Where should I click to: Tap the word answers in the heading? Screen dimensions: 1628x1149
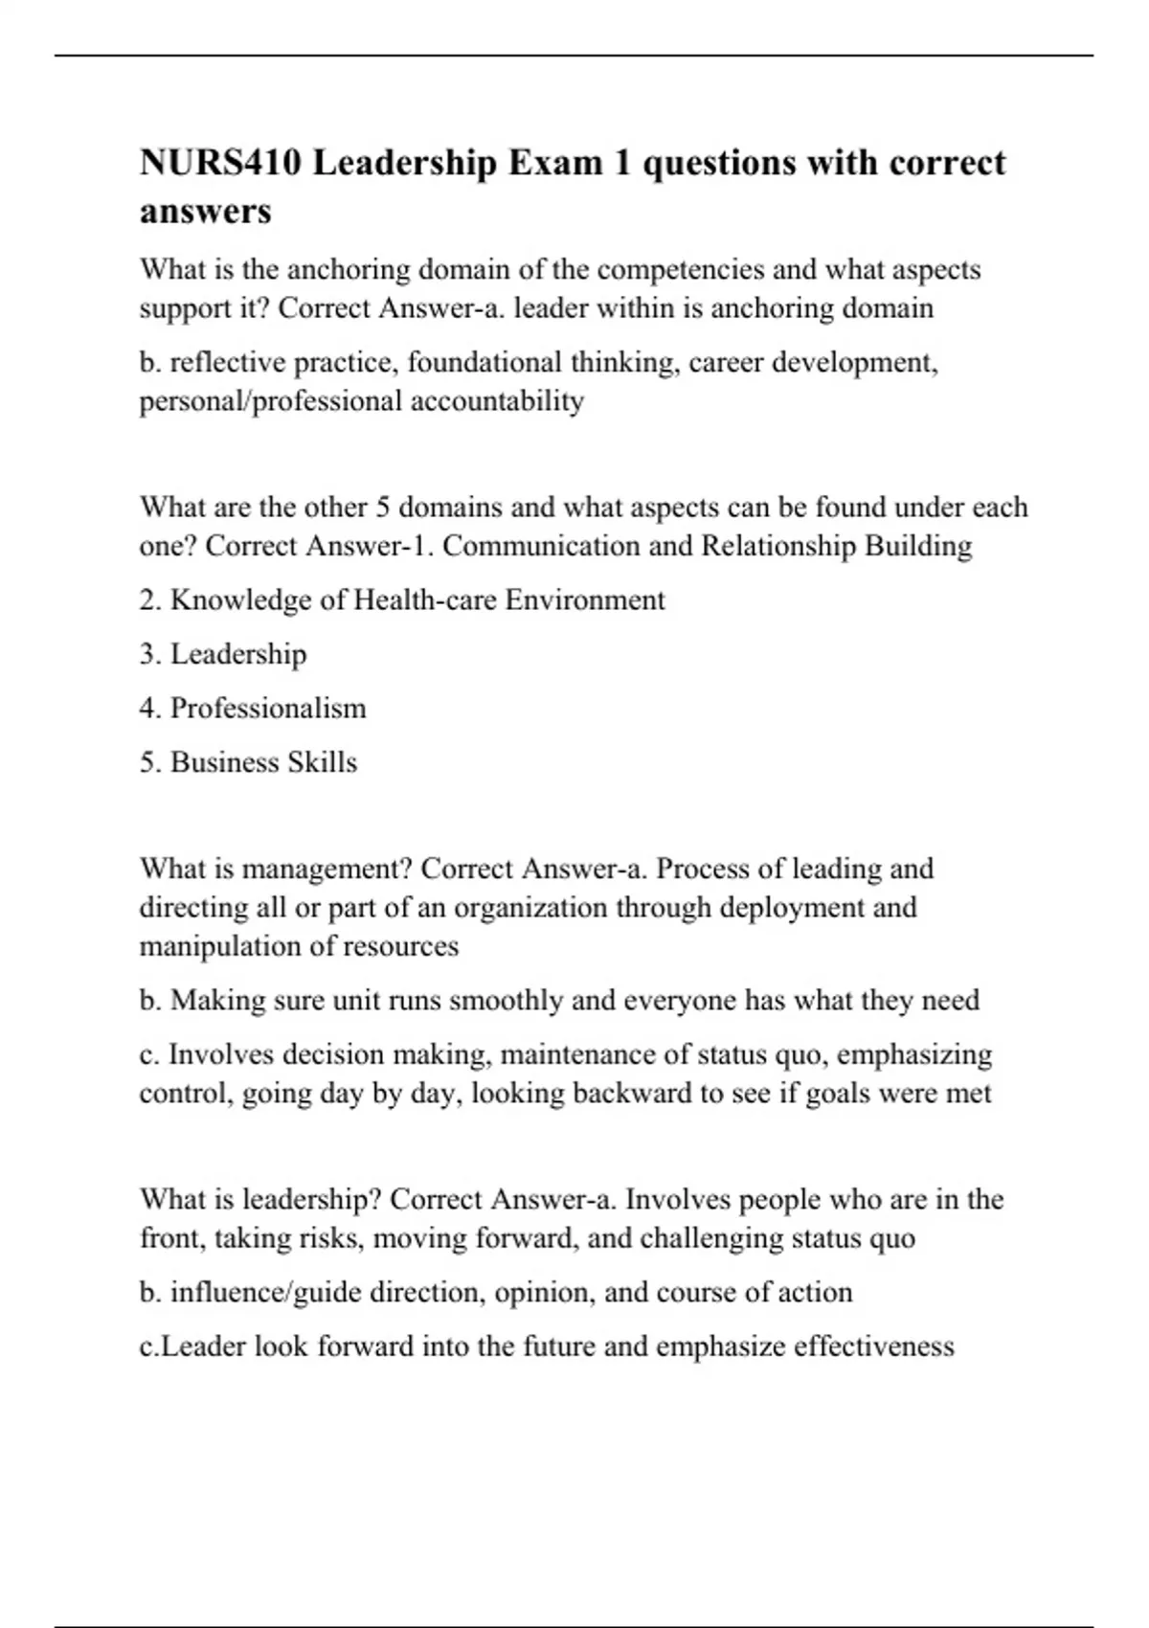[205, 211]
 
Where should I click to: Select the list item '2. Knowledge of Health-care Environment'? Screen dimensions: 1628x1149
[401, 600]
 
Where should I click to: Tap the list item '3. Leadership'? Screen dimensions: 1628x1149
[223, 654]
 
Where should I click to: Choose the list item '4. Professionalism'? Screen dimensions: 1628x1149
[253, 709]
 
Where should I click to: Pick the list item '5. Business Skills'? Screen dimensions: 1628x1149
[248, 762]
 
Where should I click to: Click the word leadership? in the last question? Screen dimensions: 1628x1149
[312, 1200]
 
